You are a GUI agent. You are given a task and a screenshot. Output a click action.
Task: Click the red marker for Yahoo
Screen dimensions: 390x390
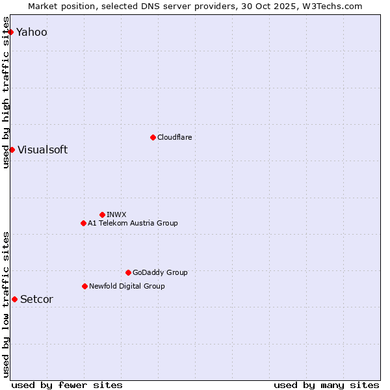click(10, 32)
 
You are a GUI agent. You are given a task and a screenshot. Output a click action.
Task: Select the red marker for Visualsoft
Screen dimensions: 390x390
click(12, 149)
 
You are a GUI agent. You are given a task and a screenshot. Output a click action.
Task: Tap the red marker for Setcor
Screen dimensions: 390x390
click(14, 299)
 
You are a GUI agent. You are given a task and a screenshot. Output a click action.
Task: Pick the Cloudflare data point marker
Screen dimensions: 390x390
click(153, 137)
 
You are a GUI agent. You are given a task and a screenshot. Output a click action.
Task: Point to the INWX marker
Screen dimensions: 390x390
click(102, 214)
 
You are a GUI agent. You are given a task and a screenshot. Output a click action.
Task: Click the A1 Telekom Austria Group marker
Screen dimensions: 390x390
click(83, 223)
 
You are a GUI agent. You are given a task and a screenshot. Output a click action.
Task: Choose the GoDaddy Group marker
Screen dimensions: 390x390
click(128, 272)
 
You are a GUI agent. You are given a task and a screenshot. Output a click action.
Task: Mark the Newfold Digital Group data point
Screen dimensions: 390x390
click(84, 286)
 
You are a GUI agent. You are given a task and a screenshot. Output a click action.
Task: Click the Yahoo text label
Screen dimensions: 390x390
click(32, 32)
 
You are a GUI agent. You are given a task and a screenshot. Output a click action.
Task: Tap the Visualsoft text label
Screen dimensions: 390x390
click(42, 150)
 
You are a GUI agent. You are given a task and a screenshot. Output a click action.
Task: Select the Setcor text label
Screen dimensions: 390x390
click(36, 300)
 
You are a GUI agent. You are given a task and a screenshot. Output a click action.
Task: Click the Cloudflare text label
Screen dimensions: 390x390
click(175, 137)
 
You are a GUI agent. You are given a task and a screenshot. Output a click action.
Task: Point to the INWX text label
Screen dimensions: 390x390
click(116, 214)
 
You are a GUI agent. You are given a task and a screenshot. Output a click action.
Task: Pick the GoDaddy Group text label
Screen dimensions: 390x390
click(160, 273)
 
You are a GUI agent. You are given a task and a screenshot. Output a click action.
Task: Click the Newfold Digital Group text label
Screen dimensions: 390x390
click(127, 286)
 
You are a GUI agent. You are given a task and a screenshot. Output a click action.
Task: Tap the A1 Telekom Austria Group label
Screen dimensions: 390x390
click(133, 224)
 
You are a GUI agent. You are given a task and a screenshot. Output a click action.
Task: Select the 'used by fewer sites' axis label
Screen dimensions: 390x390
click(67, 385)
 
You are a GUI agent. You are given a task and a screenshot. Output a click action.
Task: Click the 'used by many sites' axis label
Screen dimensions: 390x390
click(326, 385)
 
